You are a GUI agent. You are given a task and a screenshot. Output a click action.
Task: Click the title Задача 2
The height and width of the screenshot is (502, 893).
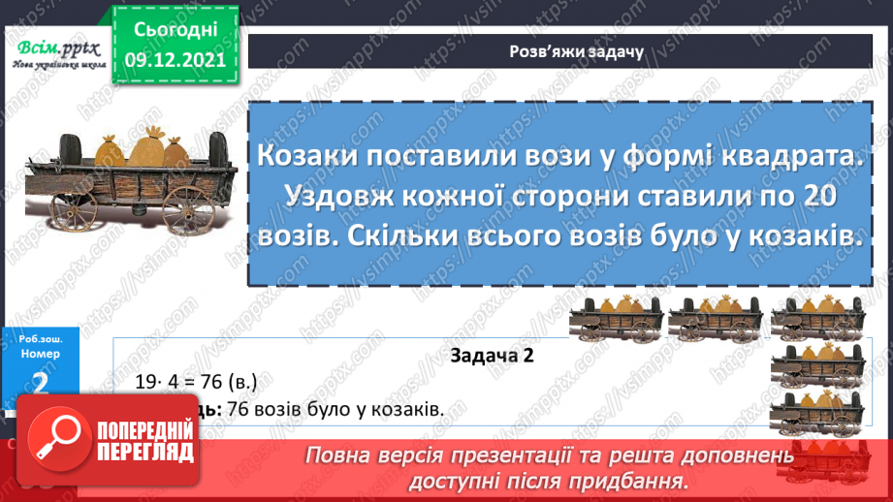[x=493, y=356]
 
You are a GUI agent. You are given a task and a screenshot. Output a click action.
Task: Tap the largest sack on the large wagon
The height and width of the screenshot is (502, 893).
[x=148, y=147]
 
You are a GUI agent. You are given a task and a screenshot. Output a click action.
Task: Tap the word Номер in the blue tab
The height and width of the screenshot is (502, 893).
[x=40, y=354]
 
